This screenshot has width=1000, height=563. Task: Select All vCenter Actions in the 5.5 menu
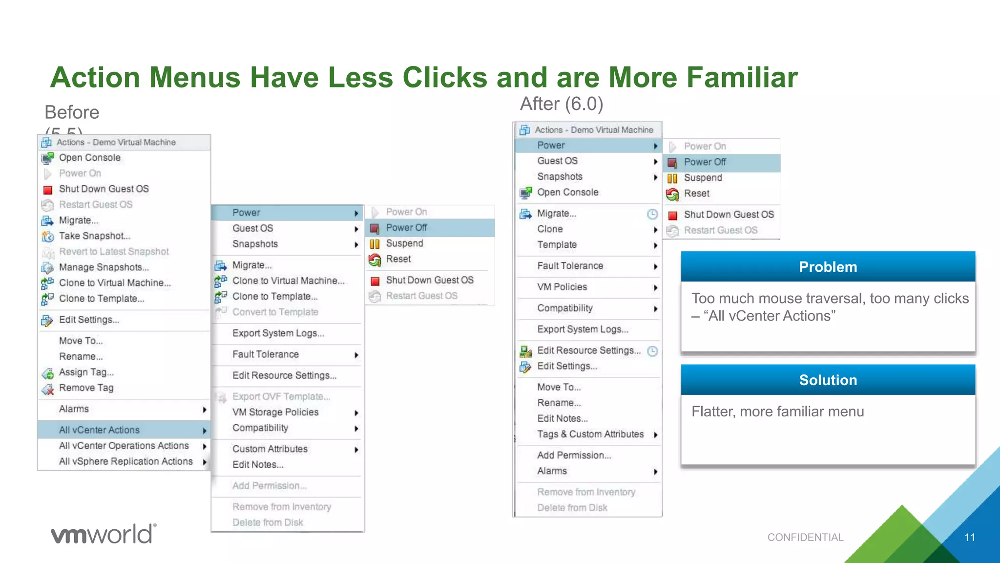tap(99, 430)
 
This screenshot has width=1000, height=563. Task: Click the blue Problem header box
tap(828, 267)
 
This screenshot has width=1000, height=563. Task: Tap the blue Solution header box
tap(828, 380)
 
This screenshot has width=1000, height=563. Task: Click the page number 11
tap(969, 538)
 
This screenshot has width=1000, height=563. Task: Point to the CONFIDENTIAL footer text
tap(805, 538)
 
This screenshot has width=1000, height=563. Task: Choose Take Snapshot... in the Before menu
tap(94, 236)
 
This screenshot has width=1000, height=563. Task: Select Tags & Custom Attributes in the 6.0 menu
tap(590, 434)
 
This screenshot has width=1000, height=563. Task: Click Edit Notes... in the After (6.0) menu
tap(562, 419)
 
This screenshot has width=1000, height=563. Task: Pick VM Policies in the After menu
tap(562, 287)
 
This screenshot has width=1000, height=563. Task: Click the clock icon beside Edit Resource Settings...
tap(652, 351)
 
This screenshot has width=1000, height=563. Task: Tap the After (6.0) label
tap(562, 104)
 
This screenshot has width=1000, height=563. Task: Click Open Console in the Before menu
tap(89, 158)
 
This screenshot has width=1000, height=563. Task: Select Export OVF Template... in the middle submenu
tap(281, 397)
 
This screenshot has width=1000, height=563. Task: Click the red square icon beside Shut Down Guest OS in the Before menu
tap(48, 190)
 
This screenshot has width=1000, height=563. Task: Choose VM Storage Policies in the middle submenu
tap(275, 412)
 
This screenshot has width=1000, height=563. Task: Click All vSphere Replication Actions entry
tap(125, 461)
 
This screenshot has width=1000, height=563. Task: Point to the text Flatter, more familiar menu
tap(777, 412)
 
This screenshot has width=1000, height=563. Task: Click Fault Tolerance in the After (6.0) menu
tap(570, 266)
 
